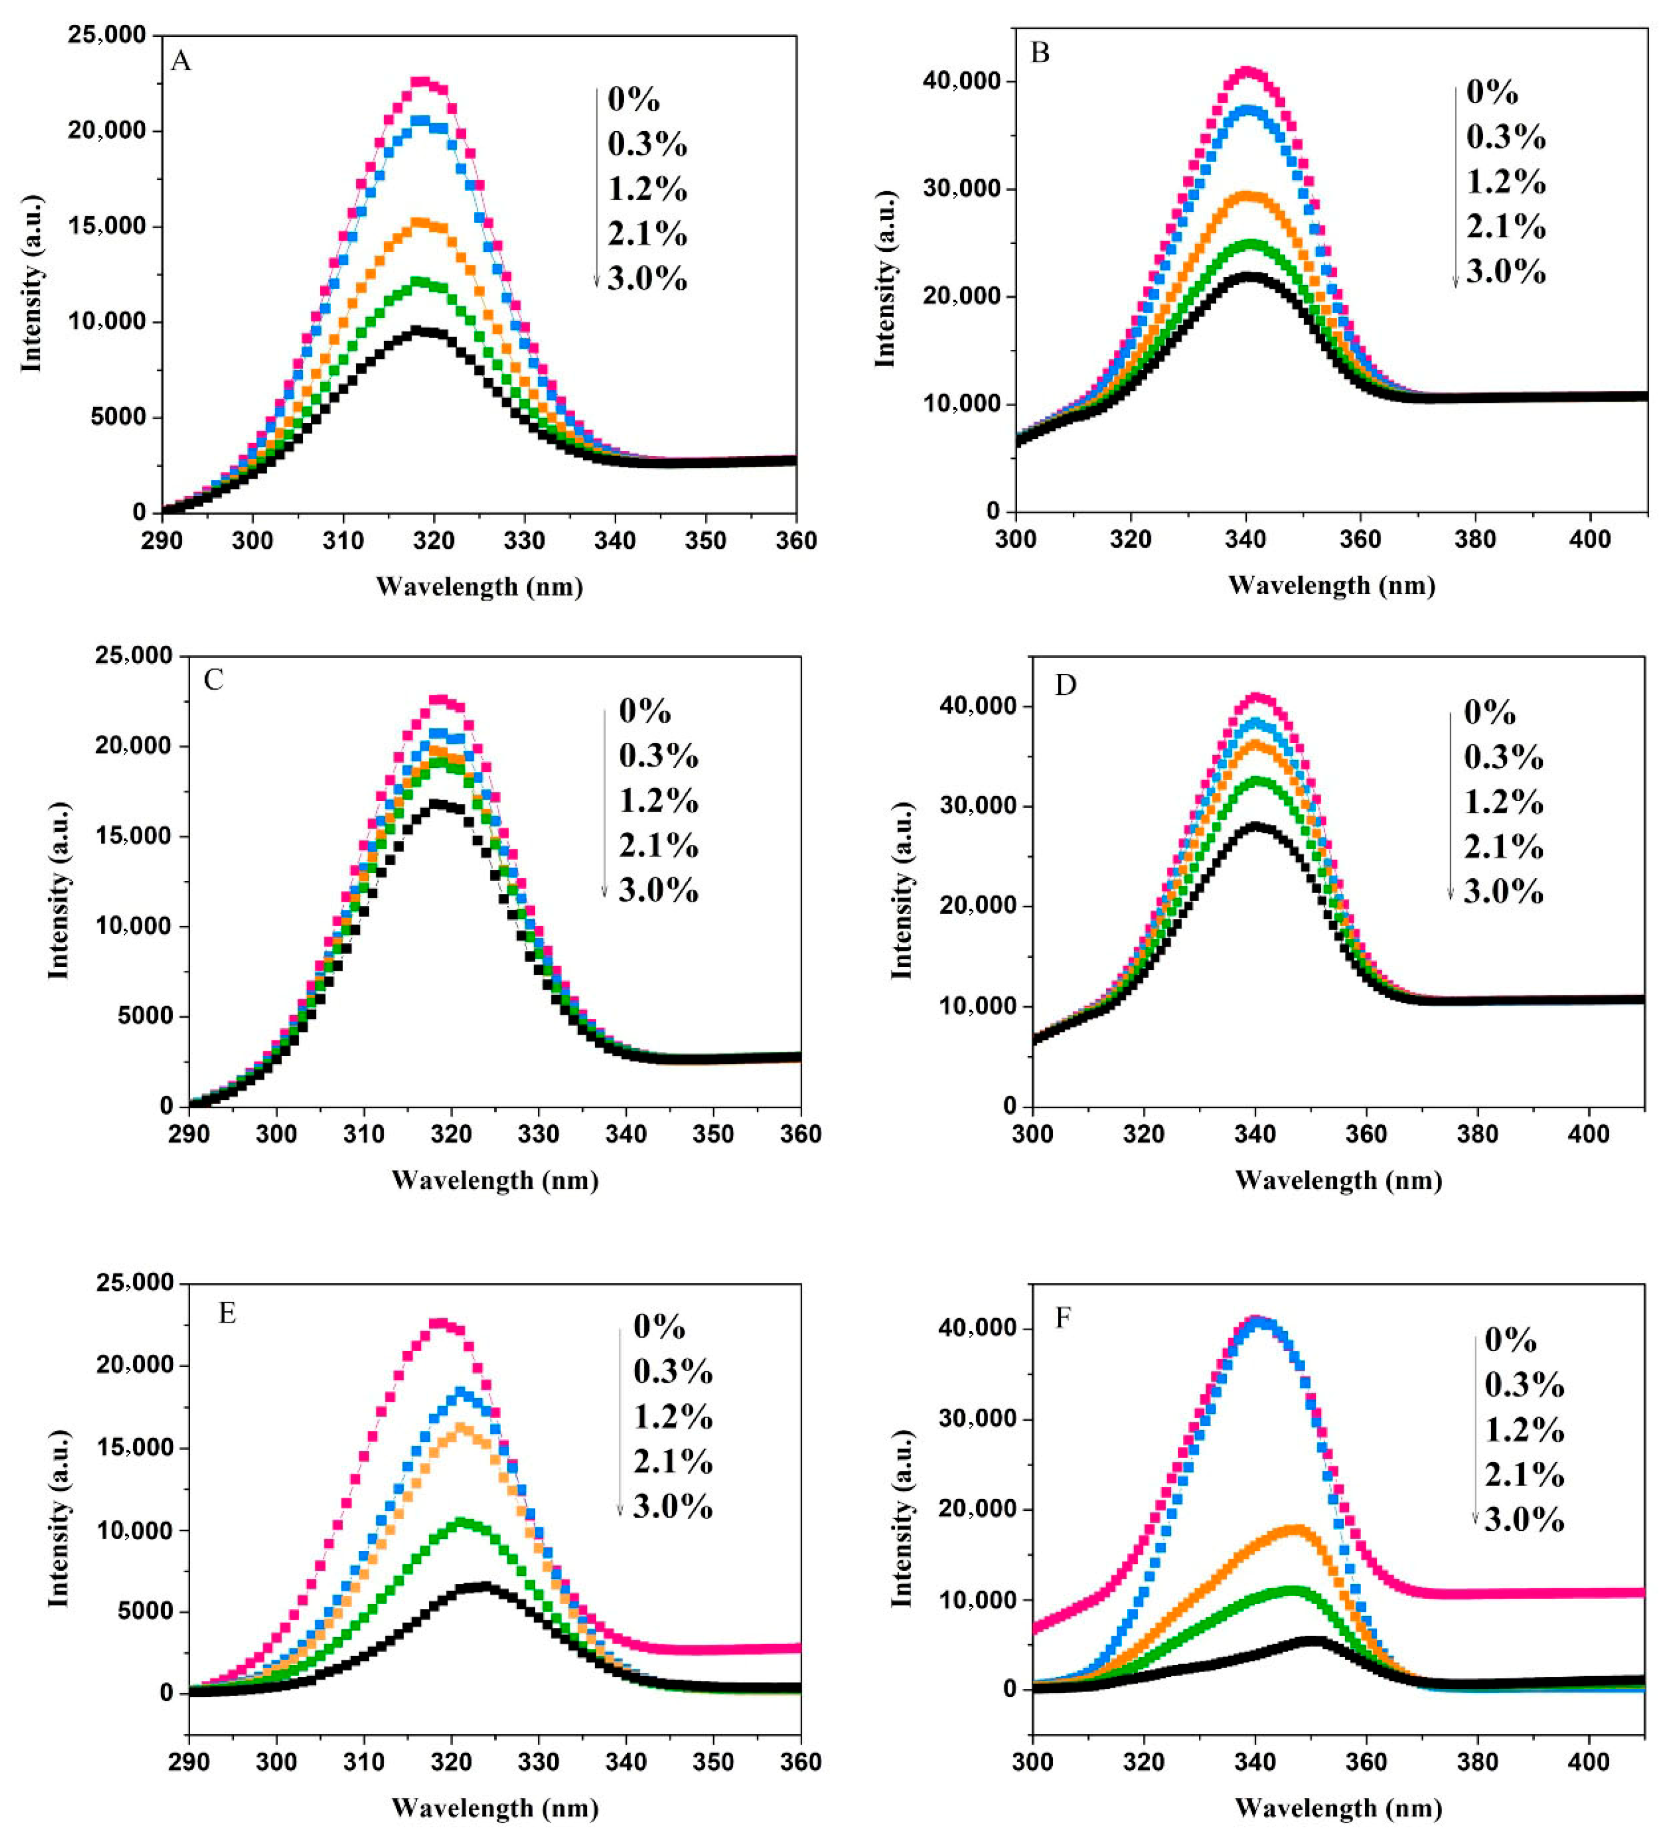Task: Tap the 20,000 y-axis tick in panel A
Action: [107, 131]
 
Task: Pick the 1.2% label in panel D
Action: [1503, 802]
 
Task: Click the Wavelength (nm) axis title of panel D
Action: [1338, 1181]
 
